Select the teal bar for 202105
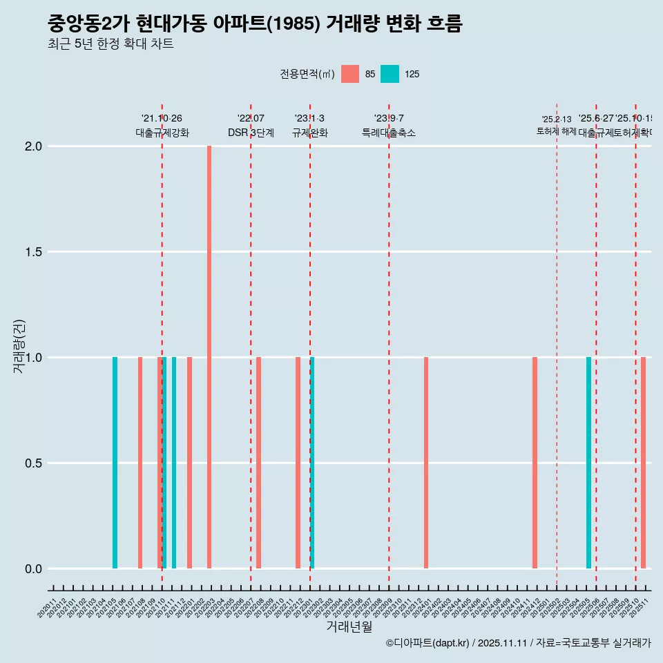[x=115, y=463]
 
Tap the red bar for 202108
[x=140, y=463]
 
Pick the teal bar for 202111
[x=174, y=463]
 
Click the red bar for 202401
[x=426, y=463]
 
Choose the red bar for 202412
[x=535, y=463]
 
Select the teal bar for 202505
[x=588, y=463]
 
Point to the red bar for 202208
[x=258, y=463]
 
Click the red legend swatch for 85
[x=350, y=74]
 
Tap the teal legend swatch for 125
[x=390, y=74]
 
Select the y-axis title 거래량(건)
[x=19, y=345]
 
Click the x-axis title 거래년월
[x=349, y=626]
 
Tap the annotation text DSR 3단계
[x=251, y=133]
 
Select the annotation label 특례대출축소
[x=389, y=133]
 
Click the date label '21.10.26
[x=162, y=119]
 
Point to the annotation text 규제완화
[x=309, y=133]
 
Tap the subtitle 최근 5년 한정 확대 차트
[x=110, y=44]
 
